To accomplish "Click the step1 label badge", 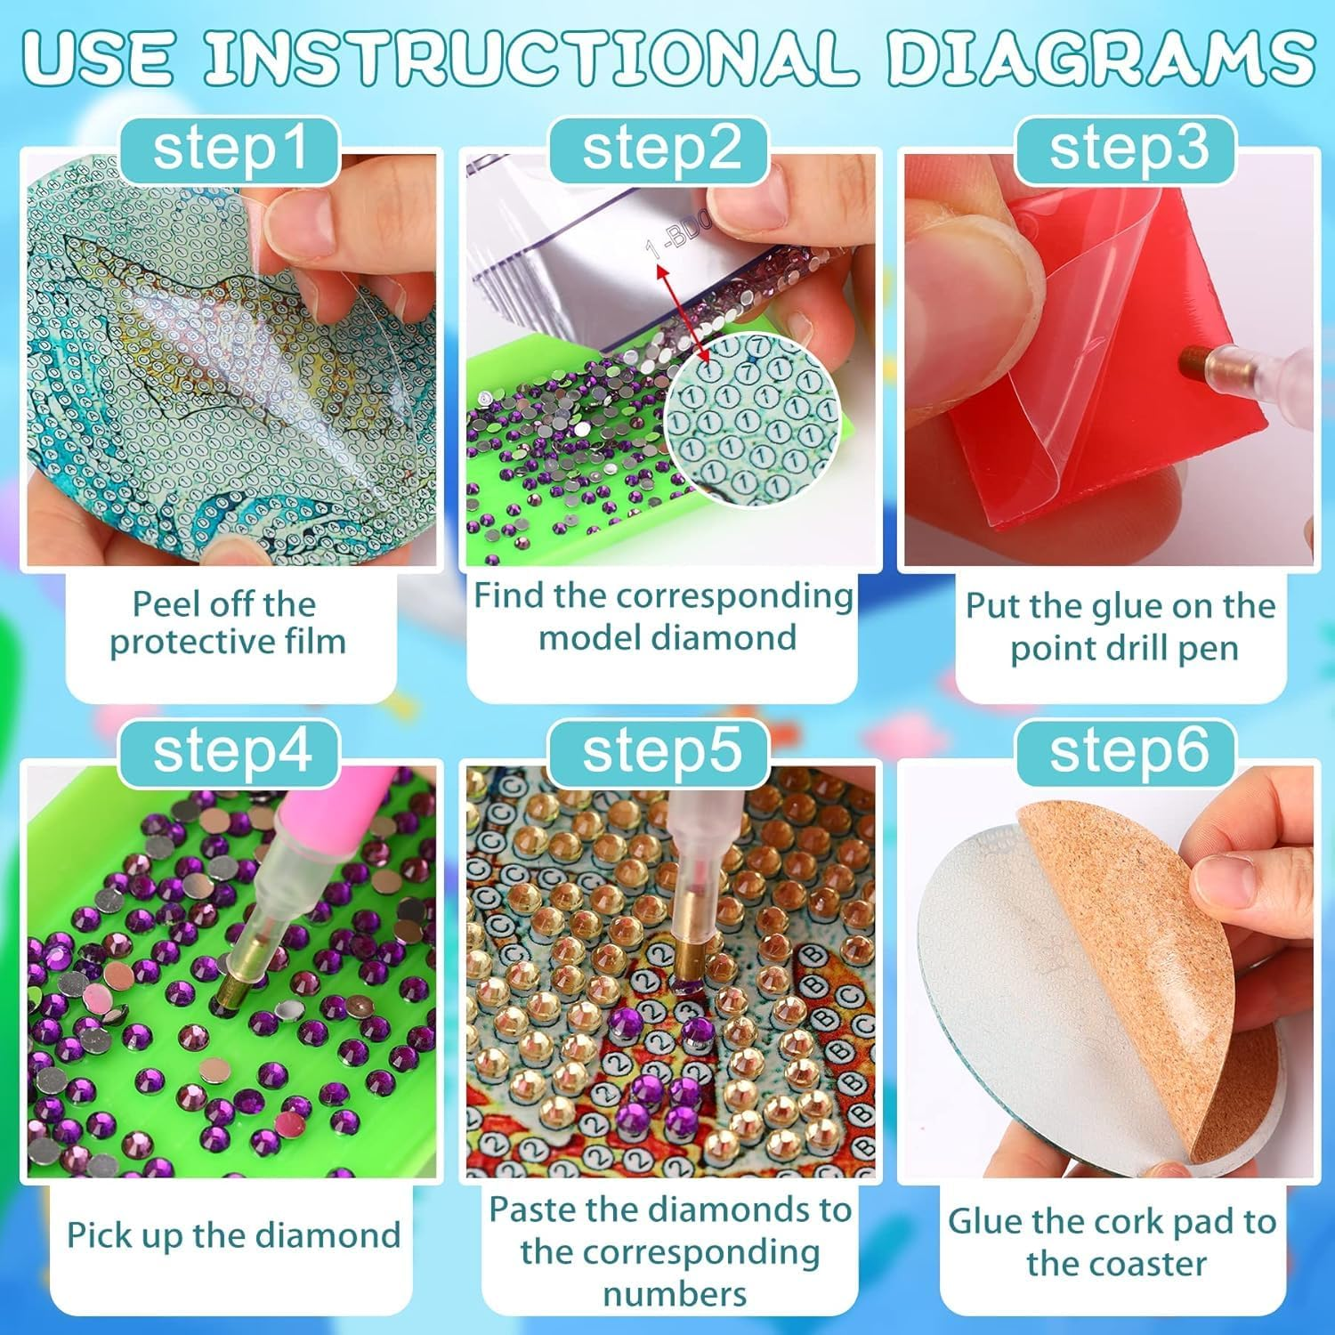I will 230,148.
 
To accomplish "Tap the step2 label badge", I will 659,148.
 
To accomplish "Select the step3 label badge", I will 1128,148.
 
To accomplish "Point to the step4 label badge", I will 230,752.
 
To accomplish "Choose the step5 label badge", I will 659,752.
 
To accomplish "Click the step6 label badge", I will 1128,752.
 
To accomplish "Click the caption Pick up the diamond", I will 233,1235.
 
